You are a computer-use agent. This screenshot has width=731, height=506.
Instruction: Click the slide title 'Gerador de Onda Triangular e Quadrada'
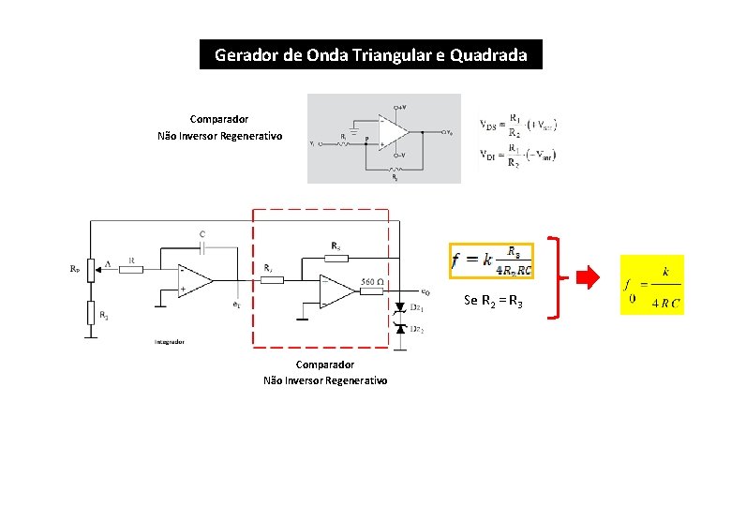370,54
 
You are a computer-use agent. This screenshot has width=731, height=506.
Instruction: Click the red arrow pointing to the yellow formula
587,277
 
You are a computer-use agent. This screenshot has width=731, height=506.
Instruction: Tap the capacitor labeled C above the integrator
203,246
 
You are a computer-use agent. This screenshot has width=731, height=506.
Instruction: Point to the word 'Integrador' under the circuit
169,342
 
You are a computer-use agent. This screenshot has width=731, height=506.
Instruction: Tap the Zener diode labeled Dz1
400,307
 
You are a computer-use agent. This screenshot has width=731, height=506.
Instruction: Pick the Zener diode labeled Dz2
400,330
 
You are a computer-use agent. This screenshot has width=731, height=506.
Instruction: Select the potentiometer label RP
75,268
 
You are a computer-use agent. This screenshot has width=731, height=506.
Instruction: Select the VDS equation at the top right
518,125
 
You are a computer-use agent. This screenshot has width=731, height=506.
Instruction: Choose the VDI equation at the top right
518,156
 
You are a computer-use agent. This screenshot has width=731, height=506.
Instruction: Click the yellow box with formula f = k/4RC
652,285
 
